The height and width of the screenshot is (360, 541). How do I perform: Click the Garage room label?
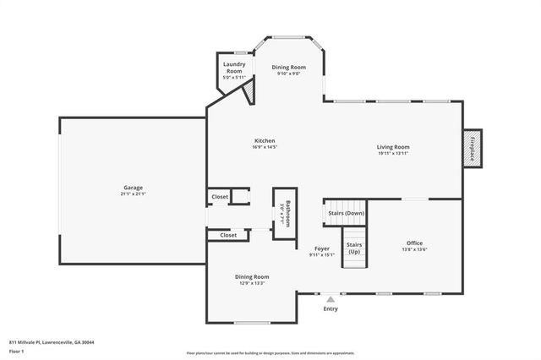[133, 187]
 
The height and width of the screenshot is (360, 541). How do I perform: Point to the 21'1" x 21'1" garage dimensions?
[133, 194]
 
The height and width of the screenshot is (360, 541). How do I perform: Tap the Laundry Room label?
[234, 68]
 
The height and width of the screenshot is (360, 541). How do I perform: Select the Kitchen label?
[265, 140]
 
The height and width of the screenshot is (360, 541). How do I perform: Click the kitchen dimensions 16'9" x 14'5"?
[265, 147]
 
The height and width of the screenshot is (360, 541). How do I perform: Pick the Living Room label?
[393, 147]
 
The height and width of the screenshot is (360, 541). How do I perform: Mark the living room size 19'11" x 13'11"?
[393, 154]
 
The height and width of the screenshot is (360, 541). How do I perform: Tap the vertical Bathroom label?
[287, 213]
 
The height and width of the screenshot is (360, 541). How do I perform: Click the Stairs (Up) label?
[354, 248]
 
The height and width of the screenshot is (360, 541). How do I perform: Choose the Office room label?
[413, 243]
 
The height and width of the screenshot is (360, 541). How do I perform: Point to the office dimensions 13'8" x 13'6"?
[413, 249]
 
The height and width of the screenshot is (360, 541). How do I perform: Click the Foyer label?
[321, 248]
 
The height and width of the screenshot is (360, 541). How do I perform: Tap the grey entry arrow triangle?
[331, 299]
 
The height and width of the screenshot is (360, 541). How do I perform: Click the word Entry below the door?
[331, 309]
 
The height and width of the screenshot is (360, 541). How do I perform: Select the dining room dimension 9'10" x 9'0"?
[288, 74]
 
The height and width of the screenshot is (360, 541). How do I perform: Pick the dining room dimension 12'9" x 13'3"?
[252, 283]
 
